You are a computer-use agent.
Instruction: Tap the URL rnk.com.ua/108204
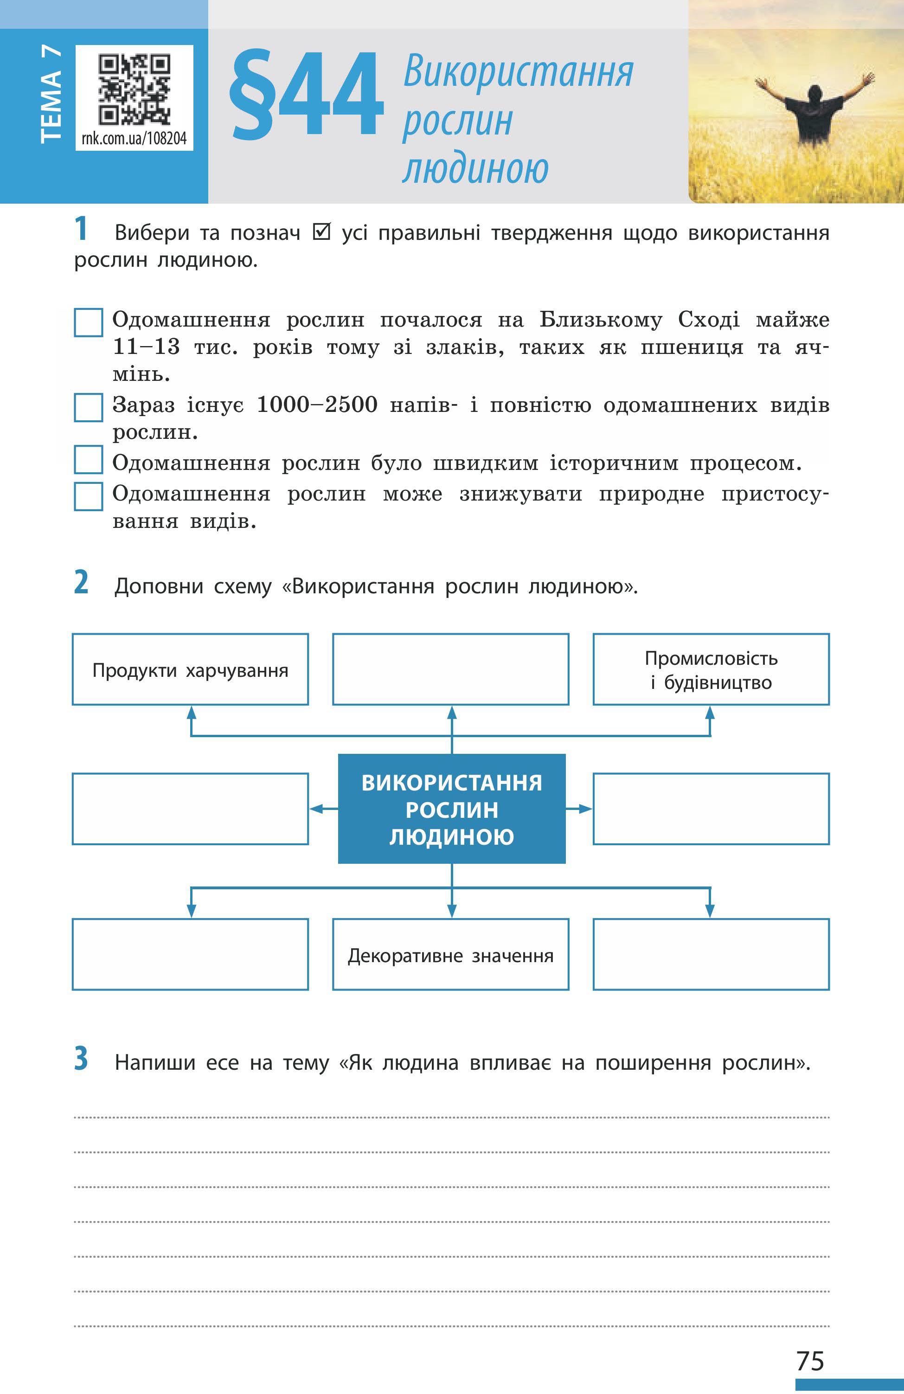tap(134, 138)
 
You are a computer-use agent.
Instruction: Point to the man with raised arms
tap(814, 111)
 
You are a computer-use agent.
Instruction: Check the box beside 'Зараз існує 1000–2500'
tap(89, 407)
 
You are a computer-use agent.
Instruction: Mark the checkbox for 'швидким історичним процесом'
tap(89, 460)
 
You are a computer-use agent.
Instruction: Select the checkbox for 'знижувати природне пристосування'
tap(89, 496)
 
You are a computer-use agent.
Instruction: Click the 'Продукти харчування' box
tap(190, 669)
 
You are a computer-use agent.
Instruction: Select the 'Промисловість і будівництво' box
tap(711, 669)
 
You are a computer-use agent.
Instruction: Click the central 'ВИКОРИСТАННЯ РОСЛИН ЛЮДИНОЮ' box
tap(451, 809)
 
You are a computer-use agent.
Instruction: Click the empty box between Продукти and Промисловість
tap(451, 669)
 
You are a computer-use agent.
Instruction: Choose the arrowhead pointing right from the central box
tap(586, 809)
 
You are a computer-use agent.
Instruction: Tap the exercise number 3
tap(81, 1059)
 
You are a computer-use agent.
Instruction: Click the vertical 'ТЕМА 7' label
tap(51, 95)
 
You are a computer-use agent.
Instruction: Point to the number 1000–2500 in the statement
tap(317, 405)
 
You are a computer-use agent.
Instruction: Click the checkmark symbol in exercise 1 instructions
tap(321, 232)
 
